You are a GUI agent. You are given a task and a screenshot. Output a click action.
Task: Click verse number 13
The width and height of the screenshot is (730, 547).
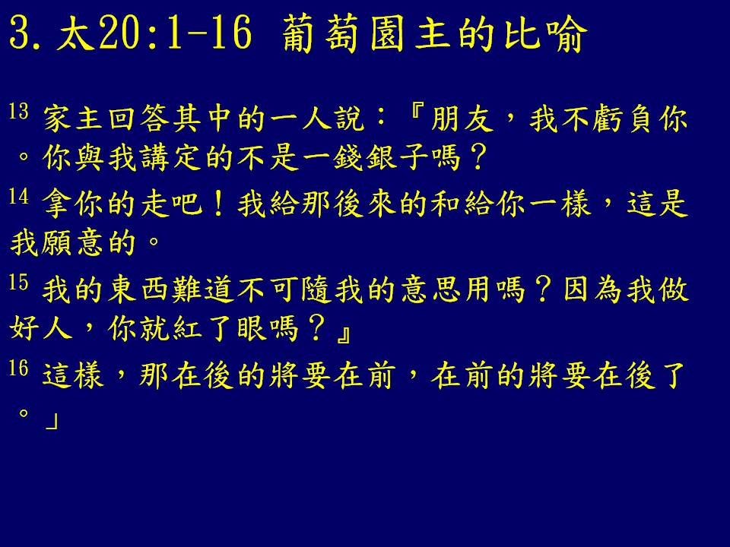pyautogui.click(x=18, y=112)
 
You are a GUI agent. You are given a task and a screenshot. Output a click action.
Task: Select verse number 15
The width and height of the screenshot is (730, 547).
pyautogui.click(x=18, y=283)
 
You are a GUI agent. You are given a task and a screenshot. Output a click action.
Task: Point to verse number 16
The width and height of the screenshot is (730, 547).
pyautogui.click(x=18, y=368)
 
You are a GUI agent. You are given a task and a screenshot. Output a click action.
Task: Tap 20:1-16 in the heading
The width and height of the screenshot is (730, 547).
pyautogui.click(x=176, y=33)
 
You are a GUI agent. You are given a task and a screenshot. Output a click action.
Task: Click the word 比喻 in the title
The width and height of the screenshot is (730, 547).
pyautogui.click(x=544, y=33)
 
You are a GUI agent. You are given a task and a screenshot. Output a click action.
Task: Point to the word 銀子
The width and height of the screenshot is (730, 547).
pyautogui.click(x=397, y=158)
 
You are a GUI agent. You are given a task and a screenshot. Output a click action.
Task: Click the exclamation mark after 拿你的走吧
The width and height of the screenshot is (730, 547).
pyautogui.click(x=218, y=204)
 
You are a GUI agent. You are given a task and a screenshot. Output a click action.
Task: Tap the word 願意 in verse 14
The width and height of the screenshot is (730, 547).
pyautogui.click(x=73, y=243)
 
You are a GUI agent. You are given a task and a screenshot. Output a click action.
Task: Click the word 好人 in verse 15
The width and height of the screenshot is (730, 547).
pyautogui.click(x=40, y=328)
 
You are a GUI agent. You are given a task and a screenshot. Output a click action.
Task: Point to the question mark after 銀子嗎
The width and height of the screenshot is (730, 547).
pyautogui.click(x=478, y=158)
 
